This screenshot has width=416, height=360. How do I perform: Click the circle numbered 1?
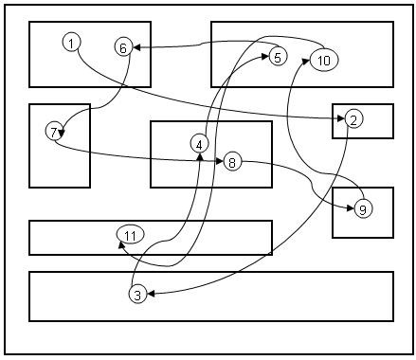(72, 43)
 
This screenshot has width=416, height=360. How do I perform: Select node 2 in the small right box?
(353, 119)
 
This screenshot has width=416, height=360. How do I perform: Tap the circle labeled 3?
(137, 295)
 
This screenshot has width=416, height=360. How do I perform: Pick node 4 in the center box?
(199, 144)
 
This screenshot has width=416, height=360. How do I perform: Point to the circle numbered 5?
(278, 57)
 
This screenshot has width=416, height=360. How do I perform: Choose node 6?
(123, 47)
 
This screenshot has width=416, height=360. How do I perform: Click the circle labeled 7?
(54, 132)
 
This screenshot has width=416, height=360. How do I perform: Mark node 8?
(232, 162)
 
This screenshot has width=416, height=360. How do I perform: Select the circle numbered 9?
(363, 208)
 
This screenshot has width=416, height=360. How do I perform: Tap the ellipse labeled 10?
(324, 60)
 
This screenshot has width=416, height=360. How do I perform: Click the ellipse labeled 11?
(131, 235)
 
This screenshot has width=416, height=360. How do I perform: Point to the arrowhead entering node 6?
(136, 47)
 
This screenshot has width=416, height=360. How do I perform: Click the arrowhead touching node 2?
(341, 118)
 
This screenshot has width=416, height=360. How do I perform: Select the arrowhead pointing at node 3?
(151, 294)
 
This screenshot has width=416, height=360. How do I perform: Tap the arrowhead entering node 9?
(351, 208)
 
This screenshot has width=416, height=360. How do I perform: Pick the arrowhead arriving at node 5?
(265, 57)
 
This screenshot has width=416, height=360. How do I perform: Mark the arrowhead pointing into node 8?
(220, 161)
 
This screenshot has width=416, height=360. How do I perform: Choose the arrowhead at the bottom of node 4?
(200, 156)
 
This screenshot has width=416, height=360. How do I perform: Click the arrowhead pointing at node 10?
(306, 61)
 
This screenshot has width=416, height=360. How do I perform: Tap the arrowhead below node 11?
(121, 244)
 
